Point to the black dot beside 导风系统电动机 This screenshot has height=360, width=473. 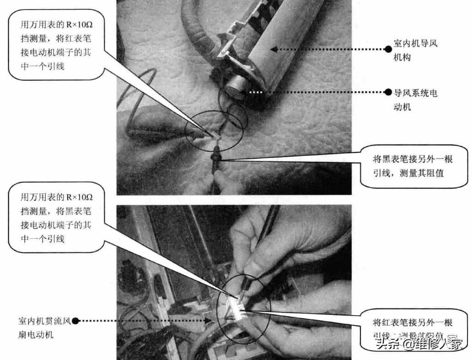coord(388,92)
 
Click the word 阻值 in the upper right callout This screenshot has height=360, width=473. coord(435,173)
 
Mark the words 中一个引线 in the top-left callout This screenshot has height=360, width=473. coord(43,67)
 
